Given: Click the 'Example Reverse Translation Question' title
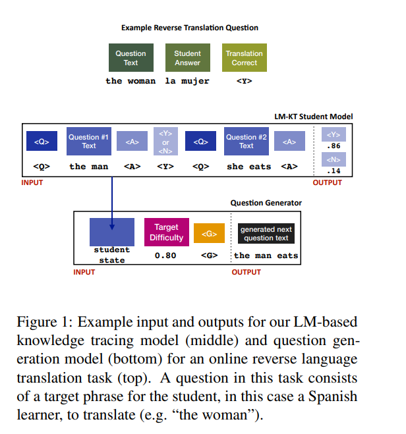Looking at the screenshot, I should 190,28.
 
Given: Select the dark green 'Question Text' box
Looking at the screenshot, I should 130,58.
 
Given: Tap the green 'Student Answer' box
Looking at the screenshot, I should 187,58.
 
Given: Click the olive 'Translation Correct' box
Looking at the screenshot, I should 244,58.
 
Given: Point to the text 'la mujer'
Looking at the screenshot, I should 187,81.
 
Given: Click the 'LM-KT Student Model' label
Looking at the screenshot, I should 313,117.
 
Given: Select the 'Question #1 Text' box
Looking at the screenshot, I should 89,142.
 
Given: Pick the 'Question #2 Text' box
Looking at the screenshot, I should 246,142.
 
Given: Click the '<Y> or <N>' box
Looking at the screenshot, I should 165,142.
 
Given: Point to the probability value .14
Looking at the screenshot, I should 333,171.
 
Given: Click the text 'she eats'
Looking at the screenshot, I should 248,167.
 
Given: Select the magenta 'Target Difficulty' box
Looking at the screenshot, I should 166,232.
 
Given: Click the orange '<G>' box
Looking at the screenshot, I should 209,233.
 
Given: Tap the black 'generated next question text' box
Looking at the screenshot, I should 266,234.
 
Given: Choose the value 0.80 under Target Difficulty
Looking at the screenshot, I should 165,256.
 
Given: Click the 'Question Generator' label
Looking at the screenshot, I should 266,203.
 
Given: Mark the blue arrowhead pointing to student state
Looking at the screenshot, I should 112,226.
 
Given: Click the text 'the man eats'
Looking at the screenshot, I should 266,256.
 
